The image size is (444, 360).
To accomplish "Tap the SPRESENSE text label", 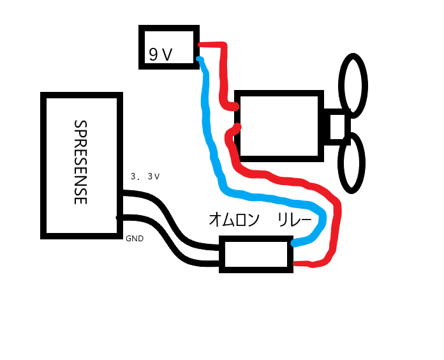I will [80, 162].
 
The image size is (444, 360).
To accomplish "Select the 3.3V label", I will [145, 176].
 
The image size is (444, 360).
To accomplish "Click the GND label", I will [135, 239].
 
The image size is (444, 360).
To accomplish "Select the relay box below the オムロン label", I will [256, 254].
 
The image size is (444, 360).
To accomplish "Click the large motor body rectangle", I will [278, 124].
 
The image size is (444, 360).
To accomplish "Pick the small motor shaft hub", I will [337, 126].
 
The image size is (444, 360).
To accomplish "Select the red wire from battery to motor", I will [224, 70].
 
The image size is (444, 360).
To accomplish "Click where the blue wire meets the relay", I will [295, 243].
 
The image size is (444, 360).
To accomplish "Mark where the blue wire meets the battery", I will [200, 60].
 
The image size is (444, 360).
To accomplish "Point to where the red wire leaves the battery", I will [200, 45].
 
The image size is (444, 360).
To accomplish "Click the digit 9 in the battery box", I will [153, 55].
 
